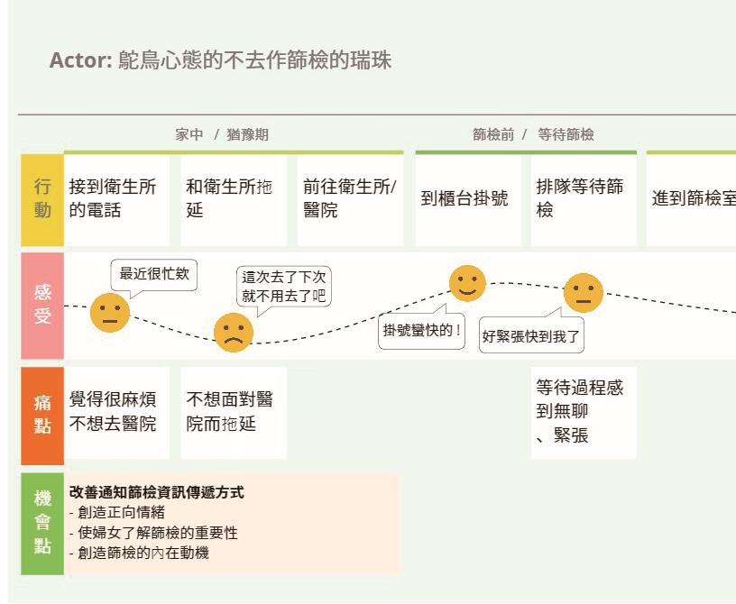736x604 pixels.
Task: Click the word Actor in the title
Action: coord(79,61)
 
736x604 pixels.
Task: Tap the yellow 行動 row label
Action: coord(42,199)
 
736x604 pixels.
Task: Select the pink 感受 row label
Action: coord(42,305)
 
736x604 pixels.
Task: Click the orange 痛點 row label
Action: coord(42,414)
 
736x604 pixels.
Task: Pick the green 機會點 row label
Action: coord(42,523)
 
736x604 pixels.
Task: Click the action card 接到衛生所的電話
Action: coord(115,199)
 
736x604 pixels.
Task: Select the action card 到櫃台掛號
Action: coord(466,199)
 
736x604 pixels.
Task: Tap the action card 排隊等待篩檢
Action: coord(583,199)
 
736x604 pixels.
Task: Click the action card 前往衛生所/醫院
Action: coord(349,199)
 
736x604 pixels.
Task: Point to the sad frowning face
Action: coord(233,333)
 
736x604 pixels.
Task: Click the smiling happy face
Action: coord(467,283)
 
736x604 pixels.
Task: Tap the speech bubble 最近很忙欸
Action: coord(154,274)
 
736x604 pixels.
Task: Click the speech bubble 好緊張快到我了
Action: coord(531,338)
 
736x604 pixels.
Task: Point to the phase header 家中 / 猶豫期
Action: coord(222,135)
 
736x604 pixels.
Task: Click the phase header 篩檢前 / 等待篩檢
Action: coord(533,135)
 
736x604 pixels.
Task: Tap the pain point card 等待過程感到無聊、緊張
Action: coord(583,413)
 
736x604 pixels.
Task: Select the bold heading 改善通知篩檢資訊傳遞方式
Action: coord(156,493)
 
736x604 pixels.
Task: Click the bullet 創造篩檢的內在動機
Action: coord(143,553)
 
